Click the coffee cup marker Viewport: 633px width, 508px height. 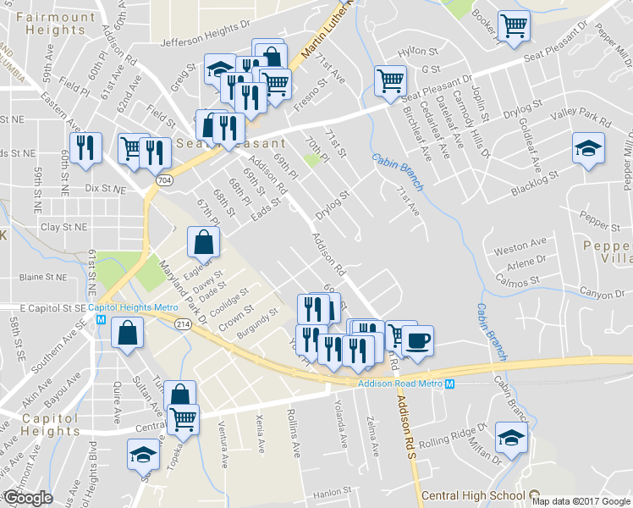coord(417,341)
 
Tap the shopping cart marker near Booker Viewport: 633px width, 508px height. coord(514,27)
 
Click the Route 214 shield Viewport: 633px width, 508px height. coord(182,324)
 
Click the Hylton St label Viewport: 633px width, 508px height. coord(415,52)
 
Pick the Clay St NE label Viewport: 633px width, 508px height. coord(64,228)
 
